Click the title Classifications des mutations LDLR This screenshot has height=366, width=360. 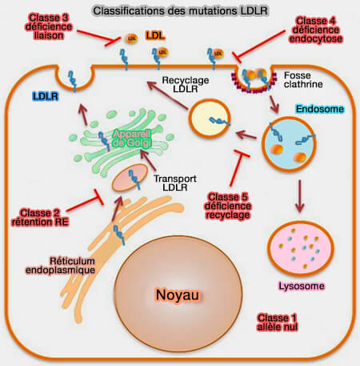[x=179, y=11]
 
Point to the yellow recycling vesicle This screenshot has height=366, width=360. [x=212, y=121]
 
